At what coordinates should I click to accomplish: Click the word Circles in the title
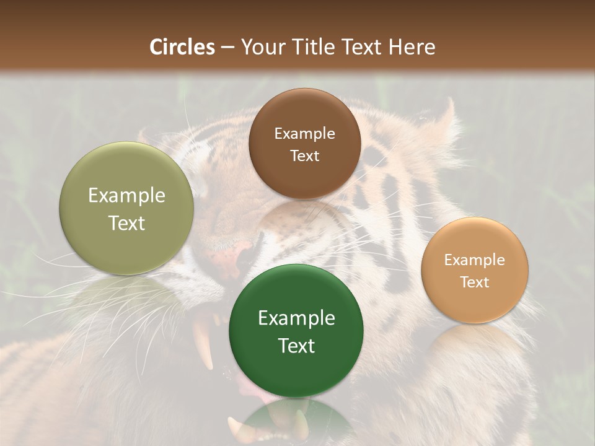(182, 47)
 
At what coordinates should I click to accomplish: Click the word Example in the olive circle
(126, 196)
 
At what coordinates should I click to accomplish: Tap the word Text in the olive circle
(126, 223)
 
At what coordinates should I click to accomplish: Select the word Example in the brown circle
(304, 134)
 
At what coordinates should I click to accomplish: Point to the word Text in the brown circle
(304, 155)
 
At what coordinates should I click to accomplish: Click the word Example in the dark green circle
(296, 318)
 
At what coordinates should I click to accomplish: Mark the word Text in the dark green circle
(296, 346)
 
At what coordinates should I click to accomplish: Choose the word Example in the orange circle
(475, 260)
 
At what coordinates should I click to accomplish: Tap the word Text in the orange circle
(475, 282)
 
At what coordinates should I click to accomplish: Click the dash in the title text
(227, 48)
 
